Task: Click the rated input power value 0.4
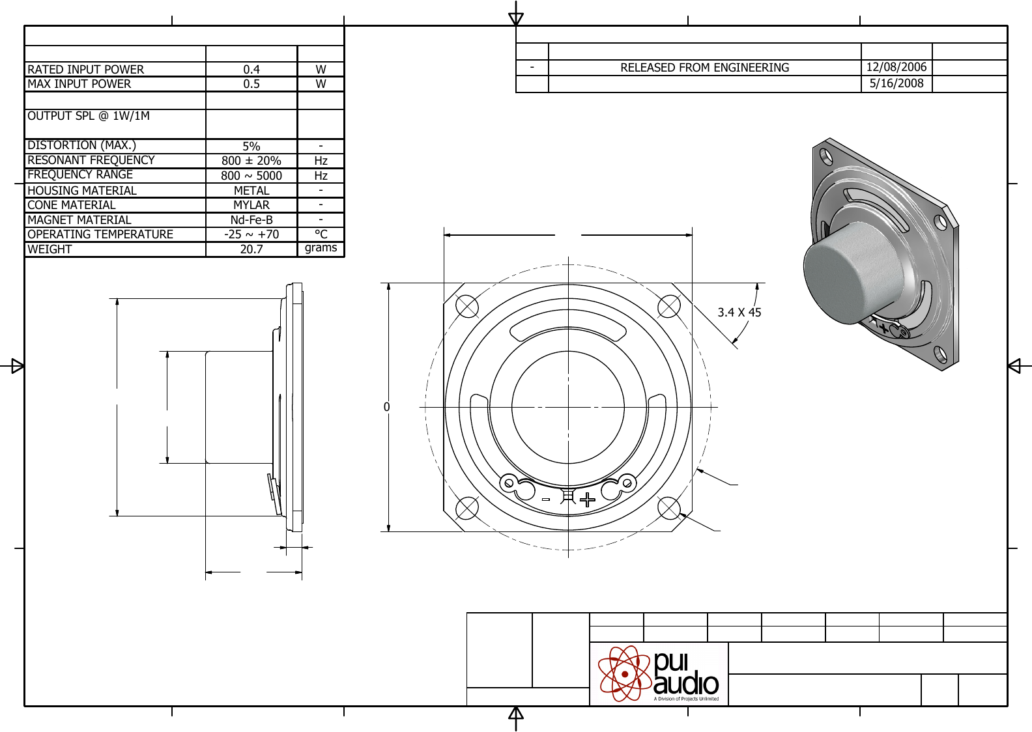pyautogui.click(x=251, y=69)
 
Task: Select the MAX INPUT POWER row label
pyautogui.click(x=79, y=84)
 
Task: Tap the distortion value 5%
pyautogui.click(x=251, y=147)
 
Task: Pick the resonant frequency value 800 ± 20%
pyautogui.click(x=251, y=161)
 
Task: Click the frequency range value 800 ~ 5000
pyautogui.click(x=251, y=176)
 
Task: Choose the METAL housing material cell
pyautogui.click(x=251, y=191)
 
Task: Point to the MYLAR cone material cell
pyautogui.click(x=251, y=205)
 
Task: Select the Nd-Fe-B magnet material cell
pyautogui.click(x=251, y=220)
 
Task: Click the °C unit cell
pyautogui.click(x=321, y=234)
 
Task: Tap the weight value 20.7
pyautogui.click(x=251, y=249)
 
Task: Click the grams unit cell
pyautogui.click(x=321, y=248)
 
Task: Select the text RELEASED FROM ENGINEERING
pyautogui.click(x=704, y=68)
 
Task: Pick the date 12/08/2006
pyautogui.click(x=896, y=67)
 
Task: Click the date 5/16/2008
pyautogui.click(x=896, y=83)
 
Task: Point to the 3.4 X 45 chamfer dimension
pyautogui.click(x=739, y=313)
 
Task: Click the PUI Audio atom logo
pyautogui.click(x=625, y=673)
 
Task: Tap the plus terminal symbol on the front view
pyautogui.click(x=588, y=500)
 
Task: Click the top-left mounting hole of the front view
pyautogui.click(x=467, y=306)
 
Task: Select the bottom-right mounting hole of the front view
pyautogui.click(x=669, y=508)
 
